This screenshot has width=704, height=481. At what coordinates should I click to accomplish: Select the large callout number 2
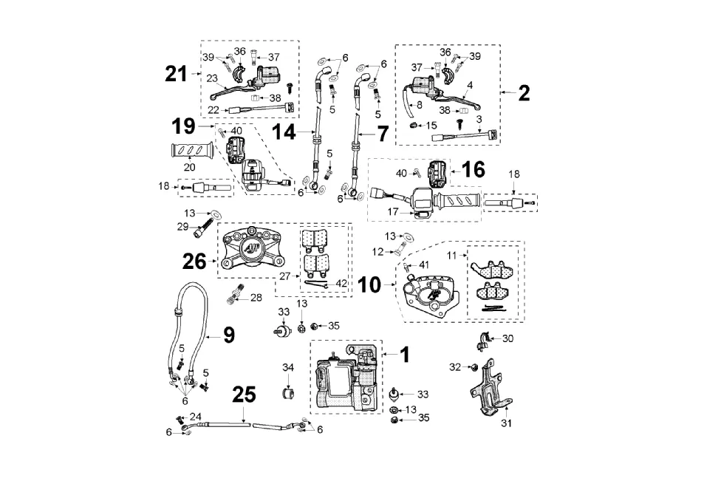click(x=524, y=92)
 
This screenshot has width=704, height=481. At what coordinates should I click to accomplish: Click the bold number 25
click(x=244, y=395)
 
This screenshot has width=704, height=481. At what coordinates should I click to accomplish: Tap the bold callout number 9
click(x=229, y=335)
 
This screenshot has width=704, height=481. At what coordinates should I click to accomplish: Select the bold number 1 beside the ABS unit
click(x=404, y=354)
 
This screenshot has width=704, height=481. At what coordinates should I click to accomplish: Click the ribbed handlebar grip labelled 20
click(x=191, y=153)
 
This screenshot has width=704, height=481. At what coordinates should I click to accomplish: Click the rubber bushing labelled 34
click(x=288, y=389)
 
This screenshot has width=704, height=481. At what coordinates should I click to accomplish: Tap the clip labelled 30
click(x=483, y=341)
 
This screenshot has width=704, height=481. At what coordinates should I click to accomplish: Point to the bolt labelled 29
click(x=199, y=230)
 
